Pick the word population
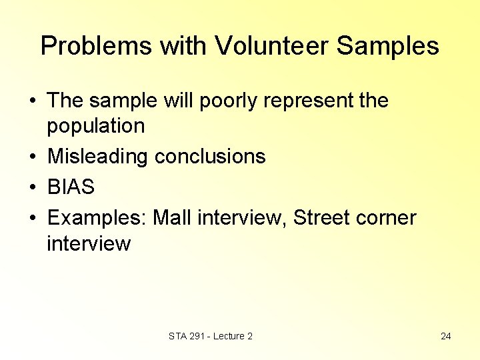click(95, 126)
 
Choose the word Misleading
click(98, 157)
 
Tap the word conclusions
click(210, 157)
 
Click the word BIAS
click(71, 187)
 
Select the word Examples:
click(97, 218)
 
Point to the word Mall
click(171, 218)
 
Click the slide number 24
click(446, 336)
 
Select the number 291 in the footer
click(197, 336)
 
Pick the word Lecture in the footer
click(229, 336)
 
